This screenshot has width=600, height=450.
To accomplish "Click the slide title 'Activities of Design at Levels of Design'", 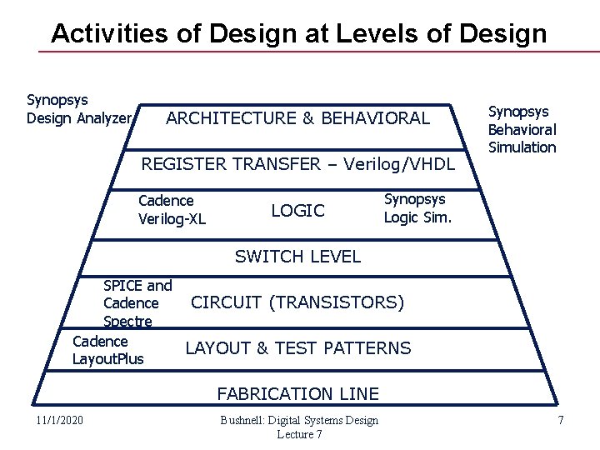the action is tap(298, 33).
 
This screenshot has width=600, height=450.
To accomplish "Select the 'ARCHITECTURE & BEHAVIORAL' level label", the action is tap(298, 118).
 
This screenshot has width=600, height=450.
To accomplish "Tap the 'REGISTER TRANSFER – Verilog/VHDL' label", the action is tap(298, 164).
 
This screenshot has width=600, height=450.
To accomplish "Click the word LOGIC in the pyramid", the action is tap(298, 211).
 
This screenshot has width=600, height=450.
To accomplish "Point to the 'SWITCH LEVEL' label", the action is tap(298, 257).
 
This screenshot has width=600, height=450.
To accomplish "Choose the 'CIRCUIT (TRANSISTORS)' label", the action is tap(298, 301).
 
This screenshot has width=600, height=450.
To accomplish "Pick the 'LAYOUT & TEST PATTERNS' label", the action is tap(298, 347).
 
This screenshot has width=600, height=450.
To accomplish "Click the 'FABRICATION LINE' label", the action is tap(298, 393).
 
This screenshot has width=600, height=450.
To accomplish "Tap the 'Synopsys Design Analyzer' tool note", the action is tap(80, 109).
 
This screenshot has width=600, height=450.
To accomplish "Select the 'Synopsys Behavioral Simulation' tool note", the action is tap(522, 129).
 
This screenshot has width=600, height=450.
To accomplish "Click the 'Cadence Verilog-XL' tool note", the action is tap(172, 209).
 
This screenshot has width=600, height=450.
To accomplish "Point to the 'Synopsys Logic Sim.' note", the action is tap(415, 208).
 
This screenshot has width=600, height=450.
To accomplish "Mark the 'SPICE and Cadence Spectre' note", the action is tap(137, 303).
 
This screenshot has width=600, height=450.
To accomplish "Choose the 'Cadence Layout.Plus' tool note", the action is tap(108, 350).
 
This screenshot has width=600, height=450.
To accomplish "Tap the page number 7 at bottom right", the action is tap(561, 421).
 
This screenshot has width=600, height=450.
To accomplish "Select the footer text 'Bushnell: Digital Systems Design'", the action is tap(298, 420).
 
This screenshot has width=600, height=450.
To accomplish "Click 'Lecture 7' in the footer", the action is tap(298, 434).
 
